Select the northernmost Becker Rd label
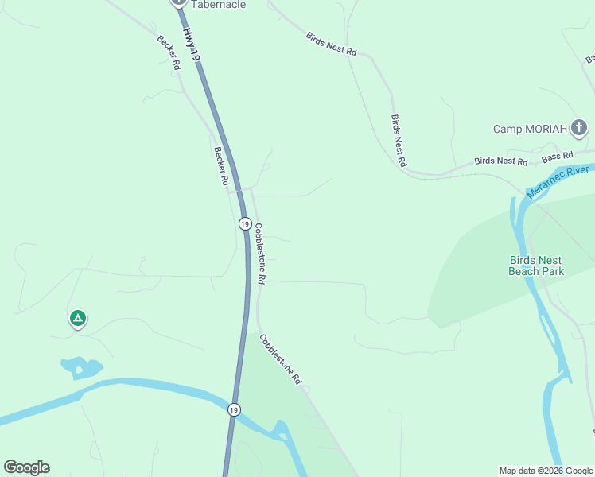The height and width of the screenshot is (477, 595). tap(168, 54)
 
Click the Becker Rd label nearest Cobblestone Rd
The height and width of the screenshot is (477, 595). tap(220, 165)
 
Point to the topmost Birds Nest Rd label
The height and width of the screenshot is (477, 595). tap(331, 43)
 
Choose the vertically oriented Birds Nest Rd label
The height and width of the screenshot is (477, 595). tap(399, 140)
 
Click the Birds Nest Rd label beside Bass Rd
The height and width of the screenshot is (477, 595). tap(500, 161)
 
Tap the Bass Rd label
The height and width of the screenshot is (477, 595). tap(558, 157)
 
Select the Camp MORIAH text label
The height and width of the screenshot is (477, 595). tap(530, 129)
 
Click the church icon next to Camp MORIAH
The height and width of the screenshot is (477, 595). tap(580, 127)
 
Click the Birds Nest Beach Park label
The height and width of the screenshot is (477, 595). tap(536, 266)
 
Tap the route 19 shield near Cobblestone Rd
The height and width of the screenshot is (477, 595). tap(244, 224)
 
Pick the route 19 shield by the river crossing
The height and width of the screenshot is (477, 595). tap(233, 409)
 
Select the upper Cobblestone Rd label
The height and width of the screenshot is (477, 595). tap(259, 254)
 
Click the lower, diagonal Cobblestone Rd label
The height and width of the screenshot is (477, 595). tap(280, 359)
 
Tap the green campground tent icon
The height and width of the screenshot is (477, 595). tap(77, 319)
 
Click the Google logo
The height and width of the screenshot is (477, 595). tap(26, 467)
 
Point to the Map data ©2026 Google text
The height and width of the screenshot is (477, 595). tap(546, 471)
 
